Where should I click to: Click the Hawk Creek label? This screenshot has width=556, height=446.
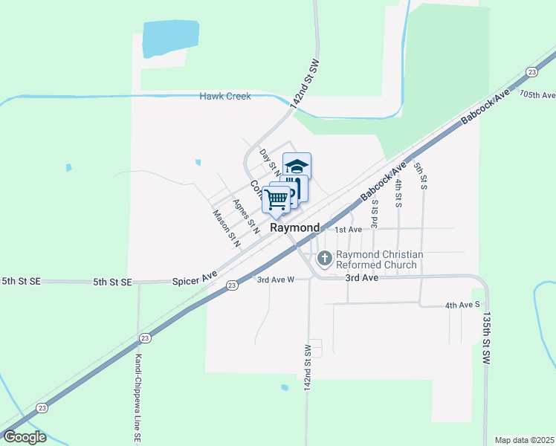pyautogui.click(x=225, y=97)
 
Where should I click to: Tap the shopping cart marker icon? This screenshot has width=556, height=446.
pyautogui.click(x=276, y=198)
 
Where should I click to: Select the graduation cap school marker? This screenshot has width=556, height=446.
pyautogui.click(x=297, y=166)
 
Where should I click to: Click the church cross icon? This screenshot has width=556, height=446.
pyautogui.click(x=324, y=259)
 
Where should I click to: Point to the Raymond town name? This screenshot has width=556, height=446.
pyautogui.click(x=294, y=228)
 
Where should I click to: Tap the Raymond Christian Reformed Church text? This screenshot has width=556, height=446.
pyautogui.click(x=379, y=259)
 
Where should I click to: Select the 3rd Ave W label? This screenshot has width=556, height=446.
pyautogui.click(x=276, y=279)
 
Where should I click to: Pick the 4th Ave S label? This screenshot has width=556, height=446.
pyautogui.click(x=462, y=306)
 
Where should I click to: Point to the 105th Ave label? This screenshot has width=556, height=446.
pyautogui.click(x=537, y=95)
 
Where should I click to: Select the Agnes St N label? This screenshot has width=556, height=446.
pyautogui.click(x=245, y=216)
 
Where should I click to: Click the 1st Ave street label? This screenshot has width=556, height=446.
pyautogui.click(x=347, y=230)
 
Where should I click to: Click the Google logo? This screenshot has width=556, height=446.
pyautogui.click(x=25, y=437)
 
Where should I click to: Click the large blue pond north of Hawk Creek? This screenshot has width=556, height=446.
pyautogui.click(x=170, y=39)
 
